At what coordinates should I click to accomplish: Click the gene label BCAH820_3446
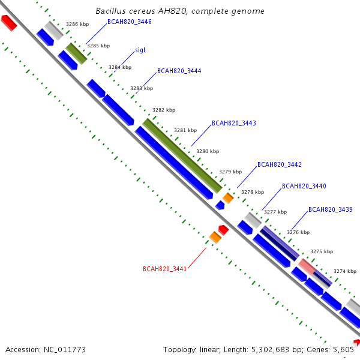click(129, 22)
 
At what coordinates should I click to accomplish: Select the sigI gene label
click(140, 50)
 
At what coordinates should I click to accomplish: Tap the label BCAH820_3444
click(179, 71)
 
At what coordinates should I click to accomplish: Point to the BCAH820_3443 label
click(233, 123)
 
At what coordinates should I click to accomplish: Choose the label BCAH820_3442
click(279, 164)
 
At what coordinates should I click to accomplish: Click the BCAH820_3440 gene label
click(304, 186)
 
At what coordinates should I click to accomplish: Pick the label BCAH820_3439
click(330, 209)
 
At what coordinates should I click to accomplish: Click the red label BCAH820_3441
click(164, 269)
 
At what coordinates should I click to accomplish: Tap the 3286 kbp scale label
click(77, 25)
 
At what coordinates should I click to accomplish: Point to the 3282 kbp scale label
click(164, 110)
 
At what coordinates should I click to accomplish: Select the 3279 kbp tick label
click(230, 172)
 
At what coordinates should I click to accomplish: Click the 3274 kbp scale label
click(345, 271)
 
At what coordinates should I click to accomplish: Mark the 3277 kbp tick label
click(275, 212)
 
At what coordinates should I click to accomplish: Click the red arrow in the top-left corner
click(8, 23)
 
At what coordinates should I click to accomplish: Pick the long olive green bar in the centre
click(182, 155)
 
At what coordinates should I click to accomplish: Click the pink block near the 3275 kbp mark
click(307, 266)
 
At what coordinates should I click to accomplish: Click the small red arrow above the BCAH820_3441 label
click(223, 229)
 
